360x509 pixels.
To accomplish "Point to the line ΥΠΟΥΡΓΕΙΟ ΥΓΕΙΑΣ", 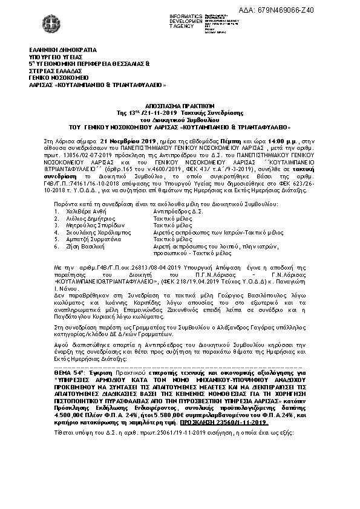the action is [x=52, y=55].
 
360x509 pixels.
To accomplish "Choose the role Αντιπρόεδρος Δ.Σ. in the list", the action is [x=177, y=213].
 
